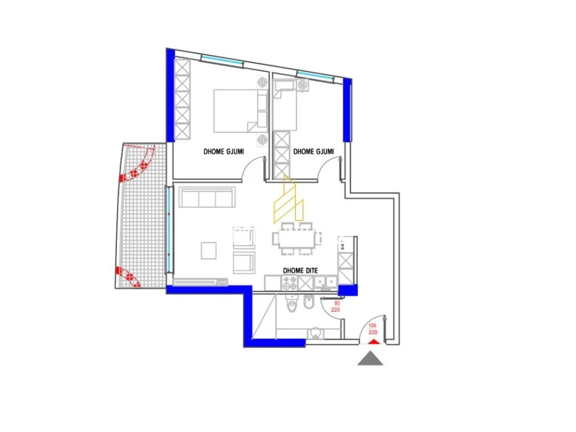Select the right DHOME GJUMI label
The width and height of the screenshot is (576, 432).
click(x=313, y=151)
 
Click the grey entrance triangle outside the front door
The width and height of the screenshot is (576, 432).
click(x=370, y=359)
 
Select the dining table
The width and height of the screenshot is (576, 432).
click(x=297, y=239)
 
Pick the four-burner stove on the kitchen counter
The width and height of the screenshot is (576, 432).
click(x=287, y=282)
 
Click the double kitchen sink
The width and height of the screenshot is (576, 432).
click(x=326, y=282)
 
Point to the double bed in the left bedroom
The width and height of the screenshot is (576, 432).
click(x=236, y=110)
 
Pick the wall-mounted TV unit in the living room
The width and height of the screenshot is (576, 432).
click(x=200, y=282)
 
